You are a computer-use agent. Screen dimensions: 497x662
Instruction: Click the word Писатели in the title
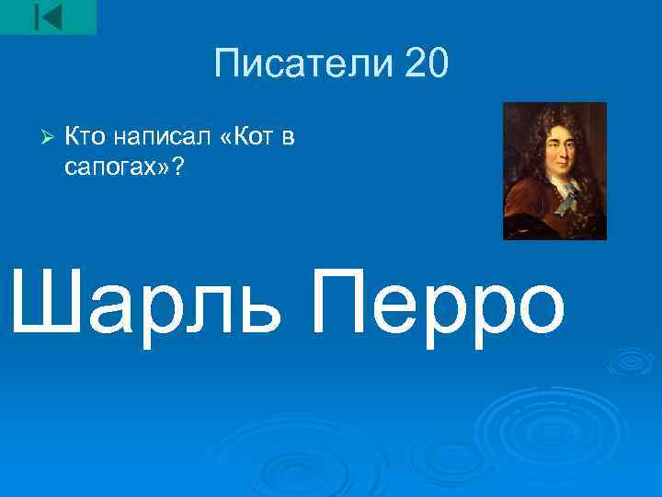tap(300, 64)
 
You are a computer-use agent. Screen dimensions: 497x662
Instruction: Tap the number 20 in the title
tap(424, 64)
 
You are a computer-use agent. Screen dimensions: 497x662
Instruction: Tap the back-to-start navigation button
tap(48, 17)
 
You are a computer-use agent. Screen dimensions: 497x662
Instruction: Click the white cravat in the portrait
tap(562, 191)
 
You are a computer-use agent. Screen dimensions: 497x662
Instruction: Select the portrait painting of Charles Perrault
tap(554, 170)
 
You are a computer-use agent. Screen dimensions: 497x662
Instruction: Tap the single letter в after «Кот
tap(288, 138)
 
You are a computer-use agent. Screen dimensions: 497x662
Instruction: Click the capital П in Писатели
tap(226, 64)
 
